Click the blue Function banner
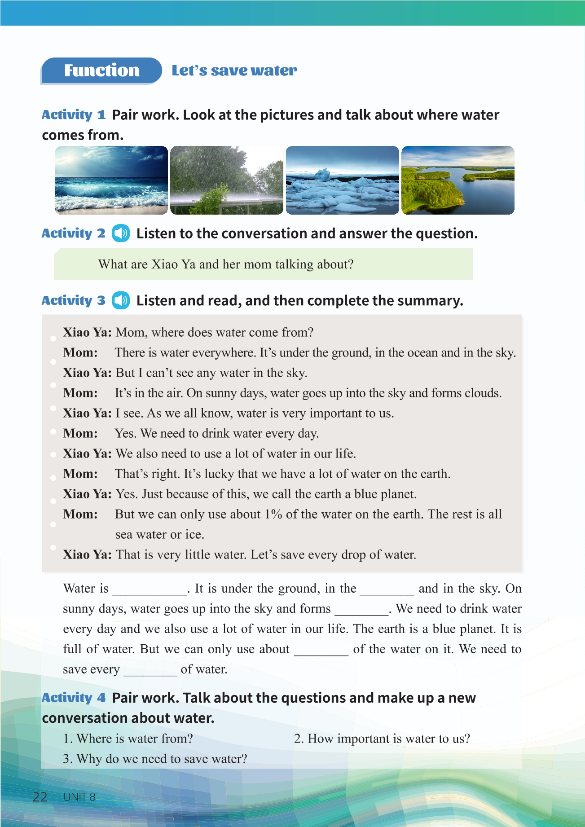[101, 70]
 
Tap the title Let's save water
[234, 70]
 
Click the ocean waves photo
[111, 180]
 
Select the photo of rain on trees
[227, 180]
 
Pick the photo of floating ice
[342, 180]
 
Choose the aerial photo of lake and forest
[457, 180]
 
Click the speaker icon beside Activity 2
[121, 233]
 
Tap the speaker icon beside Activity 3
[121, 300]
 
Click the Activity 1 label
[74, 115]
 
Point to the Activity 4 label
[74, 698]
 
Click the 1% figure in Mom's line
[273, 514]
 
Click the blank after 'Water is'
[150, 589]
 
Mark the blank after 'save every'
[150, 670]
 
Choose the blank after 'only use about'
[321, 650]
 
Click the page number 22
[40, 797]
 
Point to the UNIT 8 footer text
[79, 797]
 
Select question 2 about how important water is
[382, 739]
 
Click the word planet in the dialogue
[396, 494]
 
